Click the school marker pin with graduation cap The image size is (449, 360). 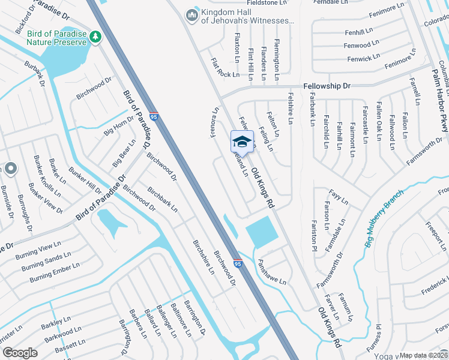tap(241, 143)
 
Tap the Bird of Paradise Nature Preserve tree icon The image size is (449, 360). tap(95, 38)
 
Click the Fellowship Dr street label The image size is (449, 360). tap(327, 86)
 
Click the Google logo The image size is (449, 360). tap(20, 353)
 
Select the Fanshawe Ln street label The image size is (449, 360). tap(272, 271)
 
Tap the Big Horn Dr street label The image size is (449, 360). tap(119, 127)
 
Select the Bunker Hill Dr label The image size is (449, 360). tap(85, 179)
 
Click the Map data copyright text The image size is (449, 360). tap(423, 355)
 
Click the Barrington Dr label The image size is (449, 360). tap(195, 317)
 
